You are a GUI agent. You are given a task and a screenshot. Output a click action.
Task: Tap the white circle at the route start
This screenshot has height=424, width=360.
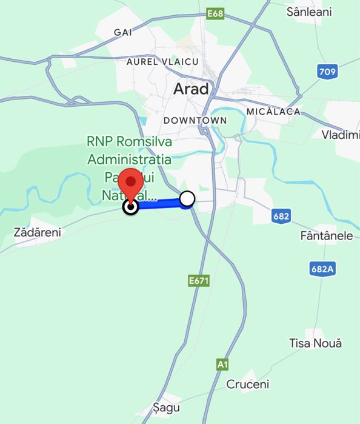click(x=187, y=198)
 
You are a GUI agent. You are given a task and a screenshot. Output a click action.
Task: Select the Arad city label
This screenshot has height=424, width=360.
click(x=191, y=89)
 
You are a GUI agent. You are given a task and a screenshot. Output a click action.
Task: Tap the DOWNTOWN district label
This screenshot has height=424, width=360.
click(x=195, y=120)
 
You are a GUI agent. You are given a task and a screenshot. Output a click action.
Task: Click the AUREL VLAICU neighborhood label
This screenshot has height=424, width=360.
click(x=162, y=62)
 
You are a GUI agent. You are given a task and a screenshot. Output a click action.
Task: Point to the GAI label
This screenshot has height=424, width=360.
click(x=123, y=32)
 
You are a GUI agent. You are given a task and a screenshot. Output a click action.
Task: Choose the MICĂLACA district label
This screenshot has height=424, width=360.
click(x=273, y=112)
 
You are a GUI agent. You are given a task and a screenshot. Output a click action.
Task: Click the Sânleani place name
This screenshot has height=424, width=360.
click(x=309, y=12)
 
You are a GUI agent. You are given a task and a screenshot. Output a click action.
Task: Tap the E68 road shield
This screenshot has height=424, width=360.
click(x=215, y=13)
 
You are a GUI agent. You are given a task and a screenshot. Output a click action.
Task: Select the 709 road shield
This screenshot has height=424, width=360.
click(x=327, y=72)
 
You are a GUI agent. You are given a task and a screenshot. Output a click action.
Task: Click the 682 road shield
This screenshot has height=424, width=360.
click(x=281, y=215)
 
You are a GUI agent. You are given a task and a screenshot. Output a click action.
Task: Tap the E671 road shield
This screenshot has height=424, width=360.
click(x=199, y=280)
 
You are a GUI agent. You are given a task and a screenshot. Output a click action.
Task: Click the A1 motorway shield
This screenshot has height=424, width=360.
click(x=223, y=364)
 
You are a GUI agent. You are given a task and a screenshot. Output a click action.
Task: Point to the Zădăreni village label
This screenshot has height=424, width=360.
click(x=37, y=232)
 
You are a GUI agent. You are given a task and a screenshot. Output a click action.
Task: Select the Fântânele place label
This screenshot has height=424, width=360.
click(x=326, y=235)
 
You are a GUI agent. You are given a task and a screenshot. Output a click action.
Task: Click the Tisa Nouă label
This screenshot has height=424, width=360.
click(x=315, y=343)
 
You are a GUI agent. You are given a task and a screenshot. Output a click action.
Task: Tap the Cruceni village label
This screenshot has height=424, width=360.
click(x=247, y=384)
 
